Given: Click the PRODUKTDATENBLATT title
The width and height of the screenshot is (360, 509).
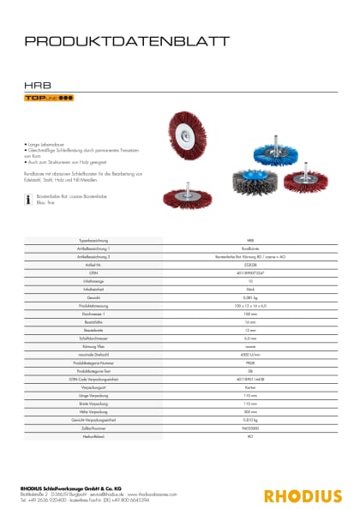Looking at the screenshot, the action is pos(126,40).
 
